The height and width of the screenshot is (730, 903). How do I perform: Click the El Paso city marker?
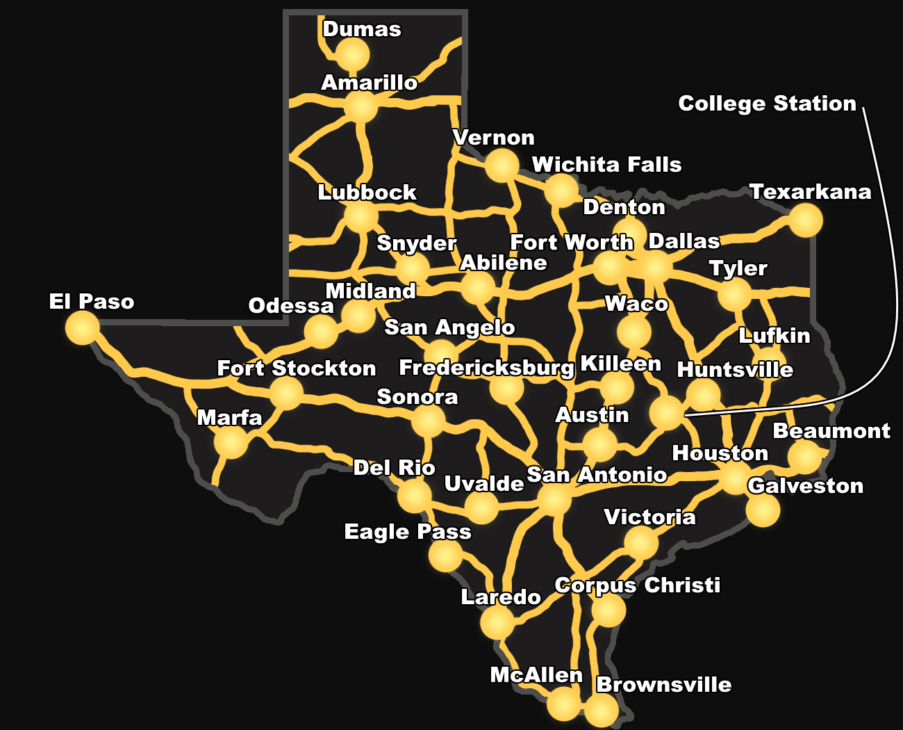click(x=83, y=327)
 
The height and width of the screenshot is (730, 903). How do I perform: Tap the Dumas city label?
click(x=362, y=29)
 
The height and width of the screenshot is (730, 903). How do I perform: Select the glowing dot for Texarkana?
click(x=806, y=220)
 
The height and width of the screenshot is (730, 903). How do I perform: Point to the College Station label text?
click(x=767, y=104)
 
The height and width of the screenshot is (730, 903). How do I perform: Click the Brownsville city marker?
click(x=601, y=711)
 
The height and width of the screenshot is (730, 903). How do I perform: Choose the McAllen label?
click(x=536, y=675)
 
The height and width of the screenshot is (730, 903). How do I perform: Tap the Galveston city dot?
click(x=763, y=510)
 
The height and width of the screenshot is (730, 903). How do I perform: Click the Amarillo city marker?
click(x=361, y=108)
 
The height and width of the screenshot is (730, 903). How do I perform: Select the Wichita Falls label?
click(x=606, y=165)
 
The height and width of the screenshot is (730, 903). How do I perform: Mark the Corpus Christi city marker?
click(x=608, y=610)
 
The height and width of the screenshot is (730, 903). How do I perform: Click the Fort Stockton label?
click(x=297, y=368)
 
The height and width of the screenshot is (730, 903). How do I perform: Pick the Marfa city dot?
click(x=231, y=442)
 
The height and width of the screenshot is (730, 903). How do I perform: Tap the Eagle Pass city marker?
click(x=445, y=555)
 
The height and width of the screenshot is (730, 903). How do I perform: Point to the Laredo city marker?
click(x=497, y=623)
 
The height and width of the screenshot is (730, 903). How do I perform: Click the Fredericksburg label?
click(x=486, y=368)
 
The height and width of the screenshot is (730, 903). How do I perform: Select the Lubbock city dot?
click(x=361, y=217)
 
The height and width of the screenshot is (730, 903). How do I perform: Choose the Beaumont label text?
click(x=831, y=431)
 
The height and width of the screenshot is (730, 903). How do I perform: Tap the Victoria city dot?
click(x=640, y=542)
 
